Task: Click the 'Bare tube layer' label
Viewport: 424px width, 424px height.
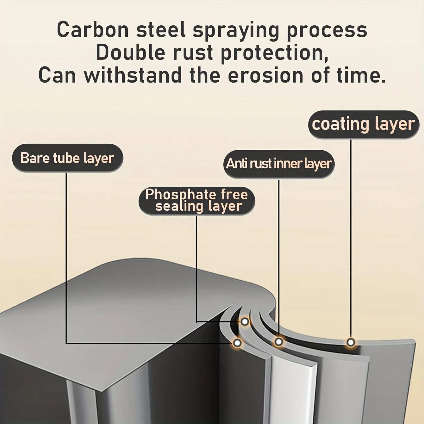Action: (x=67, y=158)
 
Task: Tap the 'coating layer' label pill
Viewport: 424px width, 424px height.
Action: (x=364, y=124)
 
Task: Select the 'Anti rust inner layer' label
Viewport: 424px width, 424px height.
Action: (x=279, y=164)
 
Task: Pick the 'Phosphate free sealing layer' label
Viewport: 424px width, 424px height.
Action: (x=197, y=201)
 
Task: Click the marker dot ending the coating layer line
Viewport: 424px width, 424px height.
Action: (x=351, y=342)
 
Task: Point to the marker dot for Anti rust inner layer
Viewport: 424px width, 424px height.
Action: (x=279, y=342)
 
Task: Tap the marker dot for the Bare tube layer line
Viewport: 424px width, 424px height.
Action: (x=237, y=343)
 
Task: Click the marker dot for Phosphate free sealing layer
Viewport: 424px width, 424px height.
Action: (x=245, y=322)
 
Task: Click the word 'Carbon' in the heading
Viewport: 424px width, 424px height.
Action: (x=93, y=30)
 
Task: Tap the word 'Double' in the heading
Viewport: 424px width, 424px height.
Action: (x=130, y=53)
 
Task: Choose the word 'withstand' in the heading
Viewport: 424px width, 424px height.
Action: (x=133, y=76)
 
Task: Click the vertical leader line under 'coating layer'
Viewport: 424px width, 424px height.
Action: (x=351, y=237)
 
